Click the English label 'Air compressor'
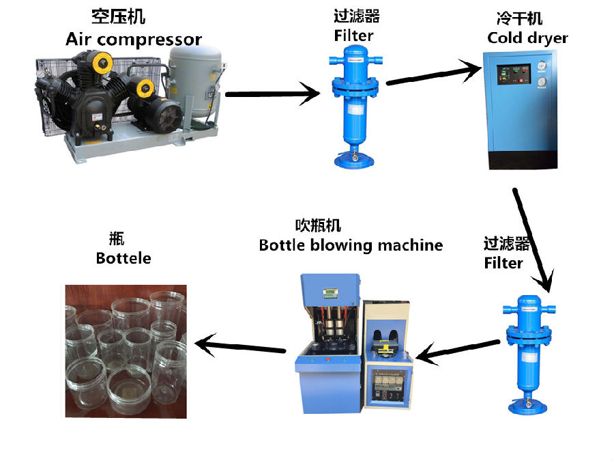coord(134,39)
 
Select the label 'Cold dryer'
coord(527,38)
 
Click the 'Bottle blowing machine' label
coord(351,245)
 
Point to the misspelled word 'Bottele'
coord(123,258)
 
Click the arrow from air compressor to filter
coord(272,94)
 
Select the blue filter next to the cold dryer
coord(355,102)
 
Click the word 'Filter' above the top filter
coord(354,35)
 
